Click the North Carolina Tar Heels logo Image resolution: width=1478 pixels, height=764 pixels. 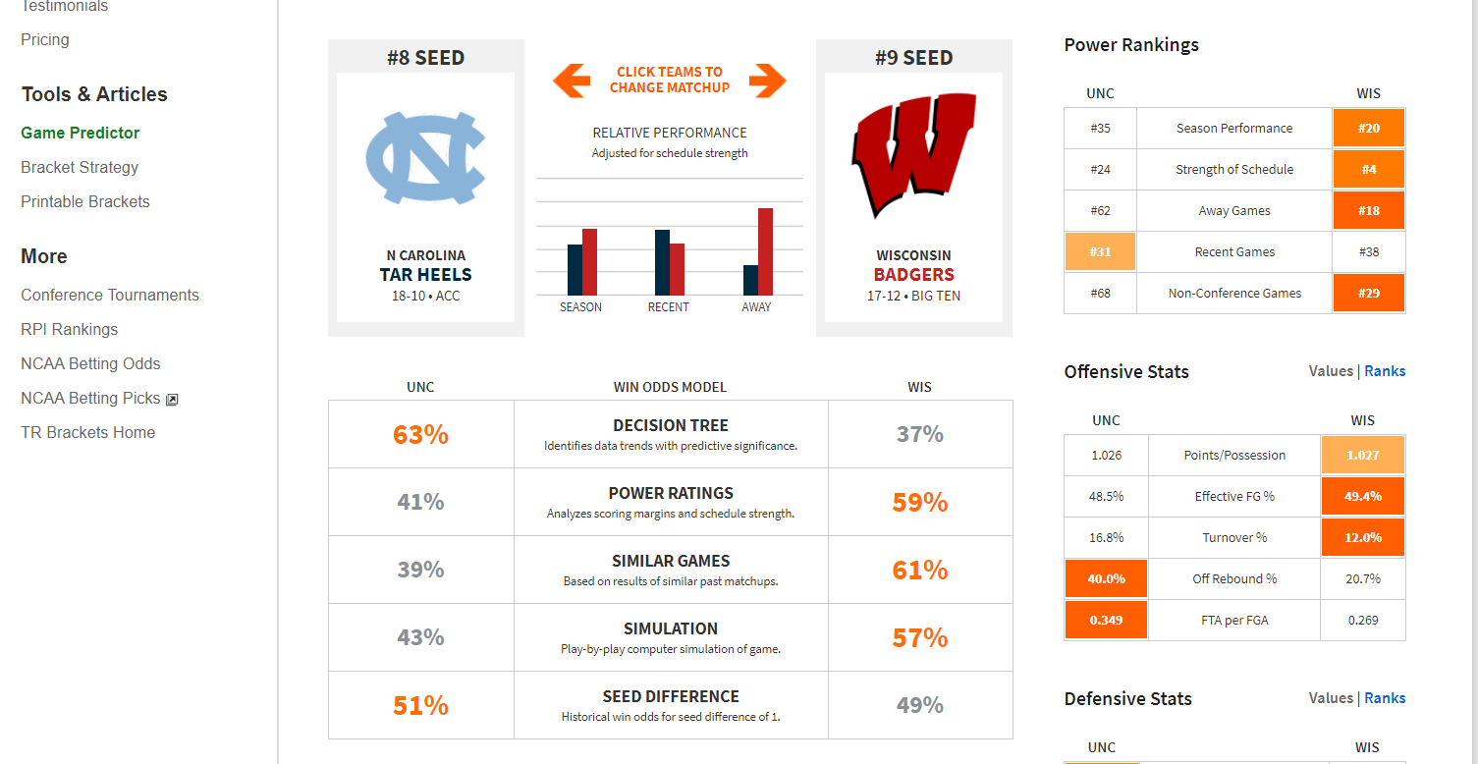(x=425, y=160)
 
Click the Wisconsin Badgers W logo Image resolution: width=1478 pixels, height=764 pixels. (x=912, y=154)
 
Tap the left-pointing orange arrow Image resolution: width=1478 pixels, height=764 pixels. (x=572, y=81)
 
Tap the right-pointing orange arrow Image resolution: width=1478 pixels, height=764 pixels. (x=768, y=81)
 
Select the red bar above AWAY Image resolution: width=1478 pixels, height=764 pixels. (x=765, y=251)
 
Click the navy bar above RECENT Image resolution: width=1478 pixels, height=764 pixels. (x=662, y=262)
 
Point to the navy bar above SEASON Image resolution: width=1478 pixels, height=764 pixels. (x=575, y=270)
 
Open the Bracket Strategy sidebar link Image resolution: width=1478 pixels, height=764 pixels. (x=80, y=167)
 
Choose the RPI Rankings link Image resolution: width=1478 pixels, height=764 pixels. (x=69, y=329)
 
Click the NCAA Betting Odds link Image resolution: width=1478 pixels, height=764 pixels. (x=90, y=363)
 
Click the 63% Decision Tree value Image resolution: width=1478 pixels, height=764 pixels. (x=420, y=434)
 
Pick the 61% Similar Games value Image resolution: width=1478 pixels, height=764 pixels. (x=920, y=570)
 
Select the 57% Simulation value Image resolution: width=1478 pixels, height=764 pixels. (x=920, y=637)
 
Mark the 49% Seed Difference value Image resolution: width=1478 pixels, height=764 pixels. (x=920, y=705)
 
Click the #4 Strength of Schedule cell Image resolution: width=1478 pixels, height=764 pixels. (x=1369, y=169)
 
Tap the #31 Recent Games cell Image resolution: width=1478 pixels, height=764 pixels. (x=1100, y=251)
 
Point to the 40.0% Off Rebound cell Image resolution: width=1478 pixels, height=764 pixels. (x=1106, y=578)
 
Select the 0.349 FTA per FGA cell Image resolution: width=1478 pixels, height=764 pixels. (x=1106, y=620)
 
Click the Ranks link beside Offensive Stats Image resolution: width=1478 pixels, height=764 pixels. (x=1385, y=371)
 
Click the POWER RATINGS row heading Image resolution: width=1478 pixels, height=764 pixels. (x=671, y=493)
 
